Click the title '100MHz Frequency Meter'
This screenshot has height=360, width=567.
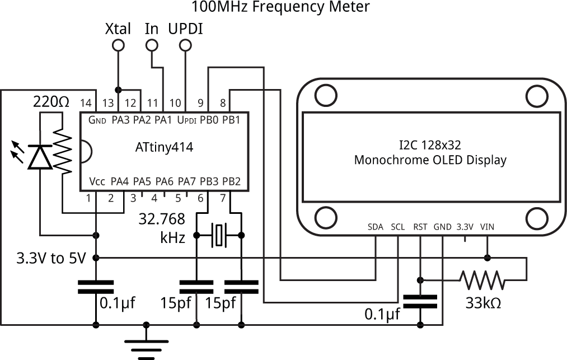(x=280, y=7)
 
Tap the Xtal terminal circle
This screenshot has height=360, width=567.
(x=118, y=46)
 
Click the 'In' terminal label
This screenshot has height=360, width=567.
(x=152, y=29)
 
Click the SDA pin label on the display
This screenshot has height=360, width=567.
(x=376, y=227)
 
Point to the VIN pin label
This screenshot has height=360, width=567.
(x=487, y=227)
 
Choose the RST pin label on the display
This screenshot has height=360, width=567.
(x=420, y=227)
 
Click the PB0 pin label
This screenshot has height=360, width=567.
(x=208, y=119)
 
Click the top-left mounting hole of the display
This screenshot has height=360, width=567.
(x=325, y=95)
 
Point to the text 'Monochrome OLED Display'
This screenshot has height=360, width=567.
(x=430, y=160)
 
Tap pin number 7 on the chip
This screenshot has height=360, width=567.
(x=223, y=198)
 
